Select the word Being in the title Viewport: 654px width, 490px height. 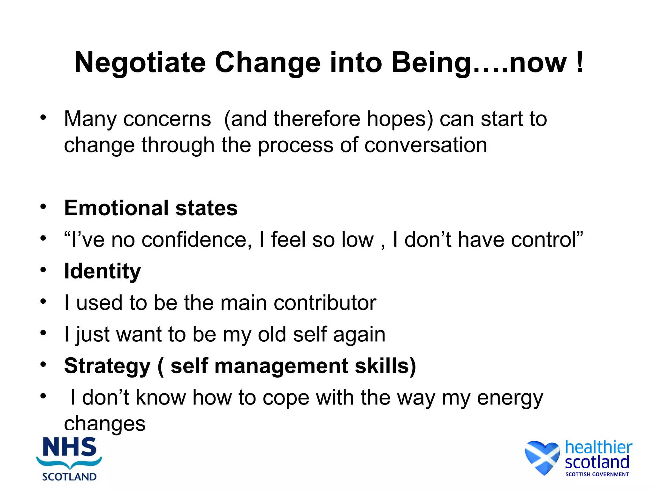[431, 63]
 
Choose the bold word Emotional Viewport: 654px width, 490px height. [116, 208]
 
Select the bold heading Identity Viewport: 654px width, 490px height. [102, 271]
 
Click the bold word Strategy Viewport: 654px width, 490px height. [107, 366]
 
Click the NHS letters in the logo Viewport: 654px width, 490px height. [70, 447]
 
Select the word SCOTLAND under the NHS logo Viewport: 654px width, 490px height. [69, 477]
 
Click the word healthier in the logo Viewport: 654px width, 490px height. [598, 447]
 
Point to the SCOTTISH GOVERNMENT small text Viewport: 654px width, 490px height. [597, 474]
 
